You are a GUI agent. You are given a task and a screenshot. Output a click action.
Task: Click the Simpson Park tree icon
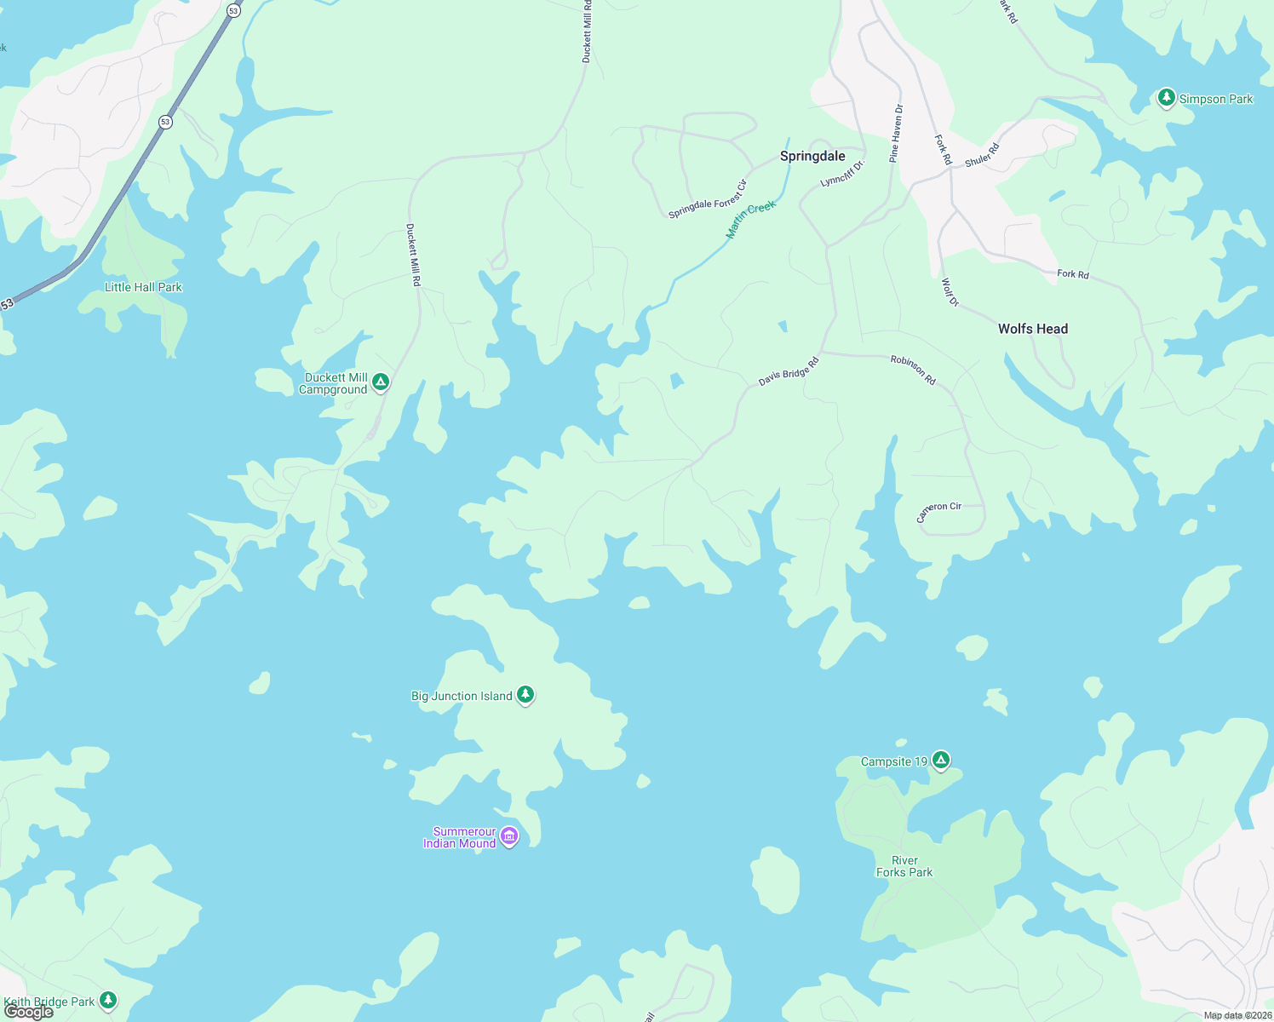1166,98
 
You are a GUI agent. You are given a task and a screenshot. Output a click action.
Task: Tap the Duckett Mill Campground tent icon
381,382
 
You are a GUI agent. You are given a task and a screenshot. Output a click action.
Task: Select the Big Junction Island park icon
525,695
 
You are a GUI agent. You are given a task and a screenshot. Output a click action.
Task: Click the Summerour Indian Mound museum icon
509,836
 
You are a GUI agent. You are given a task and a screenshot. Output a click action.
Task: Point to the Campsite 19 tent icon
940,761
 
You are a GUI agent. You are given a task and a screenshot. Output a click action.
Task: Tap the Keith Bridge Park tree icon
108,1000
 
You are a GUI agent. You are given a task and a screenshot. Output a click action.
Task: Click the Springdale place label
812,156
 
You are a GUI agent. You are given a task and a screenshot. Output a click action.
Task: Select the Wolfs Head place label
1032,329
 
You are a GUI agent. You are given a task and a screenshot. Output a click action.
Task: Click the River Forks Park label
904,866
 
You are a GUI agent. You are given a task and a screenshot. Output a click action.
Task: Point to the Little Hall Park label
143,287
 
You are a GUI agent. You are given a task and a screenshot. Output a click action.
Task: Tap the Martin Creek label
750,220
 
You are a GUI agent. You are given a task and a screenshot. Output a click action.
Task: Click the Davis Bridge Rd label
789,372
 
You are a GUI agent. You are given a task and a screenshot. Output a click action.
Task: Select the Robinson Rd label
913,370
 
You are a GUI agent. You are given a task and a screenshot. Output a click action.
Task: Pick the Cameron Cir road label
938,511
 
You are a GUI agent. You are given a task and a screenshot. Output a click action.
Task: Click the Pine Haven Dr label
896,134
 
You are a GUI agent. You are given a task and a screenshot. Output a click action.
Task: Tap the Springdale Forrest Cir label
708,199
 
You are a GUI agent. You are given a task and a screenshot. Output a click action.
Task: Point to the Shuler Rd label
982,155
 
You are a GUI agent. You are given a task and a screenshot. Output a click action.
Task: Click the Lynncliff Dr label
842,173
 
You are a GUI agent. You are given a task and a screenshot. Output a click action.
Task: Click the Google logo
28,1012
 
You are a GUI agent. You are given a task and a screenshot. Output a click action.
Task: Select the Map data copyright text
1237,1015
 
